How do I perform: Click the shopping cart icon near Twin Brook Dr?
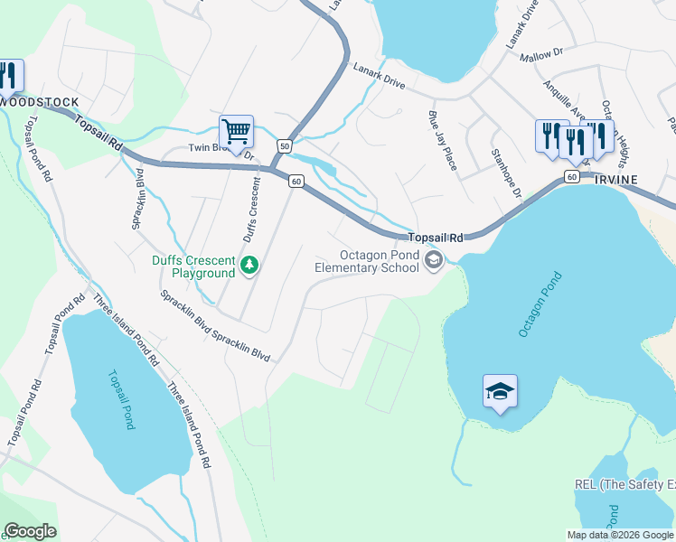[x=236, y=132]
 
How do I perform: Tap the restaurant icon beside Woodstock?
[x=7, y=75]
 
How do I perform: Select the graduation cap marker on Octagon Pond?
[x=500, y=391]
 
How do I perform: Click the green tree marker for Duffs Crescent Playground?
[x=250, y=266]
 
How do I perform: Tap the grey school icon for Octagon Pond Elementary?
[x=434, y=261]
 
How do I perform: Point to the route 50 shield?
[x=285, y=145]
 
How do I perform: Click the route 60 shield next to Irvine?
[x=570, y=177]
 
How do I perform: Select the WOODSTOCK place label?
[x=40, y=103]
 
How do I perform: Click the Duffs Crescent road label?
[x=250, y=209]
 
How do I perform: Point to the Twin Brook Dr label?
[x=222, y=150]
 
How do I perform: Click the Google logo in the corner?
[x=30, y=531]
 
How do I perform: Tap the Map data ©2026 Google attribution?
[x=619, y=535]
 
